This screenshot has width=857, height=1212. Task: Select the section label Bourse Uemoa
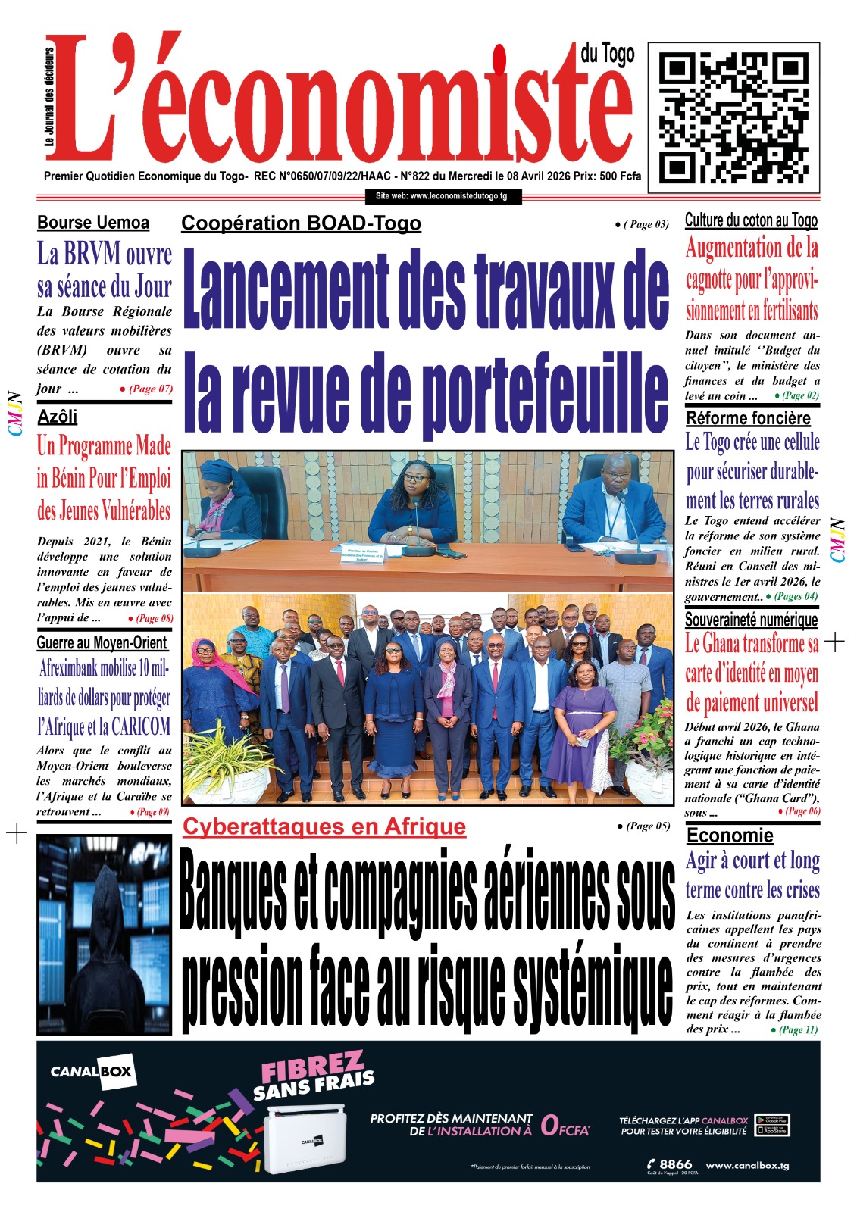pos(93,223)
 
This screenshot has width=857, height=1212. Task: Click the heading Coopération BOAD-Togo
pos(301,223)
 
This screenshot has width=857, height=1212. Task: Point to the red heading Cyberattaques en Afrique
pos(324,826)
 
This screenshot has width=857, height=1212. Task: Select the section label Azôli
pos(58,417)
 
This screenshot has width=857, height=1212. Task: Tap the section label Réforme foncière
pos(748,418)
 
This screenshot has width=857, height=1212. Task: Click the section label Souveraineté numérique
pos(751,620)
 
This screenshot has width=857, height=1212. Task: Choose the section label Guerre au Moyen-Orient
pos(102,643)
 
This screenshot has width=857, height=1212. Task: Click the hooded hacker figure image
pos(104,935)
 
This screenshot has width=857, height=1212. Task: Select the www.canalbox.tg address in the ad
pos(747,1165)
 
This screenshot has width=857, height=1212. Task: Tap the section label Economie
pos(730,836)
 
